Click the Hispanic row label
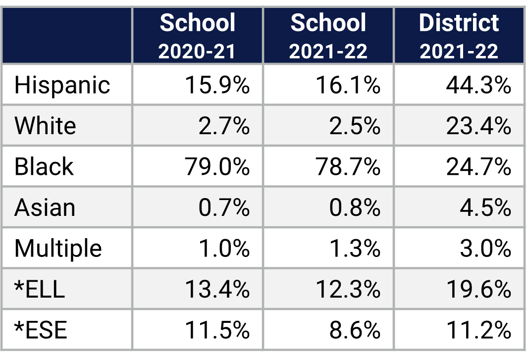(x=62, y=85)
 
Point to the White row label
(x=45, y=126)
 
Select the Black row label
(x=44, y=166)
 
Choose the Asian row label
(x=45, y=207)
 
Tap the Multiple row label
(x=58, y=248)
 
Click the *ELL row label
(x=40, y=289)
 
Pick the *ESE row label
(x=41, y=330)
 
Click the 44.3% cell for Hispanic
(x=478, y=85)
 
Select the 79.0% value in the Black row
(x=217, y=166)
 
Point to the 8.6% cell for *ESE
(x=355, y=330)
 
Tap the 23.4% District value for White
(x=478, y=126)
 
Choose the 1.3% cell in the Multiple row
(x=355, y=248)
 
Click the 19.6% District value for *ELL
(x=478, y=289)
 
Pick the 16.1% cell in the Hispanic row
(x=348, y=85)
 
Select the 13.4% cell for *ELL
(x=217, y=289)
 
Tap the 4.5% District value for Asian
(x=485, y=207)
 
